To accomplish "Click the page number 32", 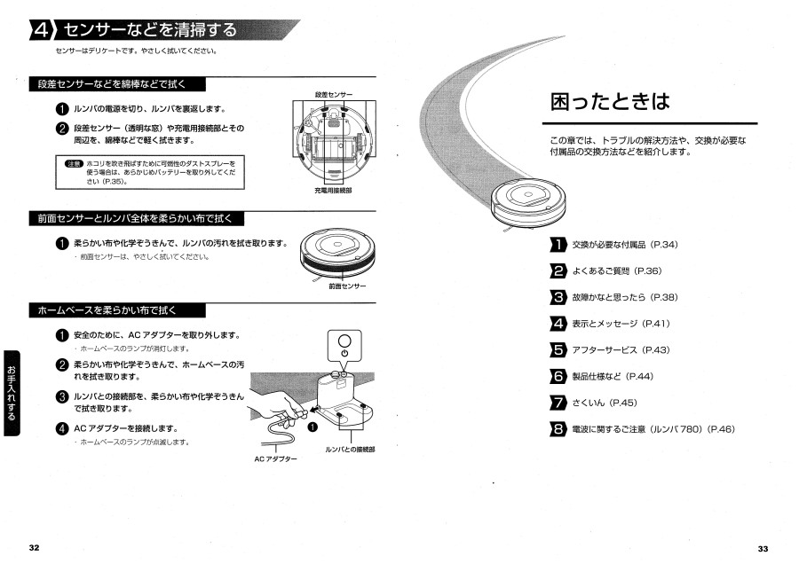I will coord(34,547).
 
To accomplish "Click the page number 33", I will coord(763,547).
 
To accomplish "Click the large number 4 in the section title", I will coord(42,31).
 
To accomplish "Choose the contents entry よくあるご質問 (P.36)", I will coord(617,270).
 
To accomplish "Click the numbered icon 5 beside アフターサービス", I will coord(558,350).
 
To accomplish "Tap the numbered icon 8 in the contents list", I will coord(558,430).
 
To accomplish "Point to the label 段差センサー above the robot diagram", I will coord(333,94).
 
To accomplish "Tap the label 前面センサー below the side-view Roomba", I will coord(346,286).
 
